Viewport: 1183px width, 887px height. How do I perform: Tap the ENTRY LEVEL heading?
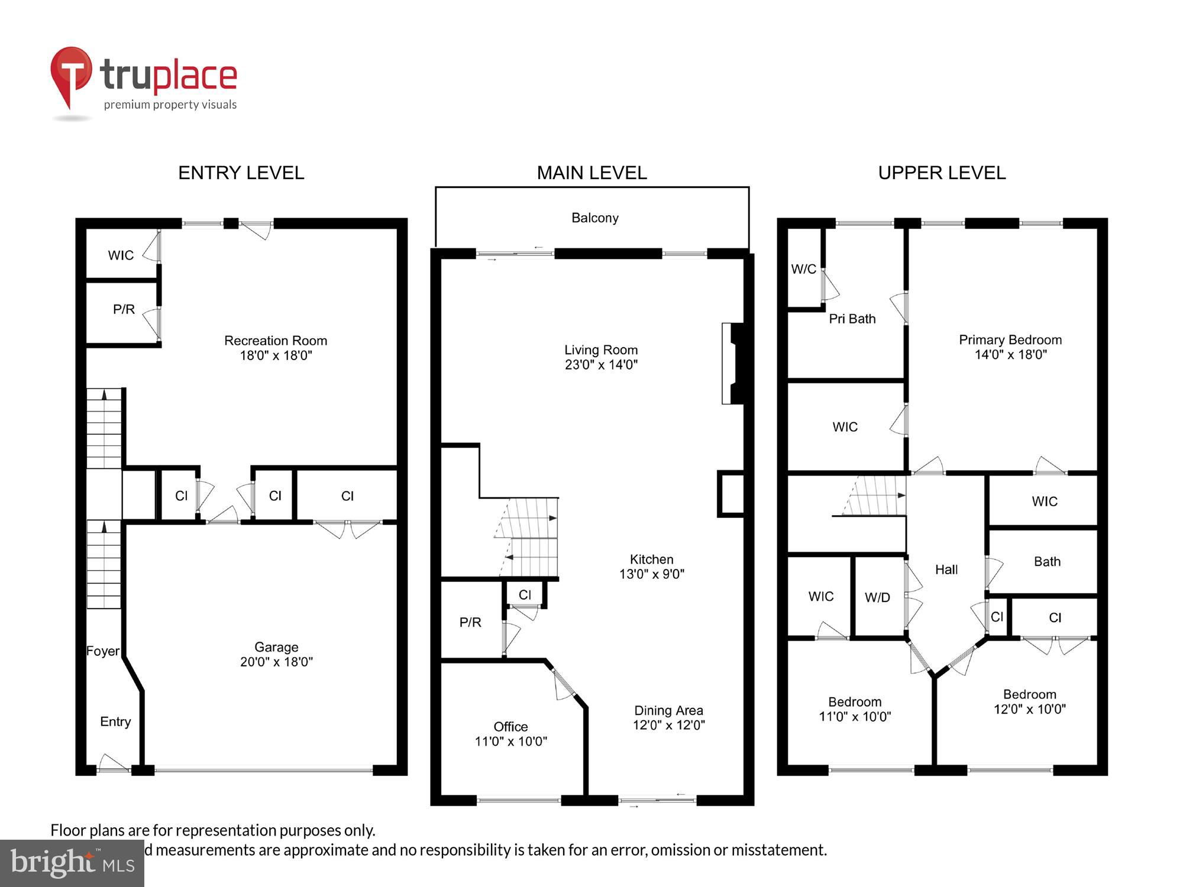(x=241, y=173)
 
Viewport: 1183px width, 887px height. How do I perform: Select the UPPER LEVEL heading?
(x=942, y=173)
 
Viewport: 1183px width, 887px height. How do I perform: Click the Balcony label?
(x=594, y=218)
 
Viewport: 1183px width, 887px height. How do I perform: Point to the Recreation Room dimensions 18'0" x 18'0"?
(x=276, y=355)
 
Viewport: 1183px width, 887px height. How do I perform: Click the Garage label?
(x=276, y=647)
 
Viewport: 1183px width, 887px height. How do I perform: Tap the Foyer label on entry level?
(x=103, y=651)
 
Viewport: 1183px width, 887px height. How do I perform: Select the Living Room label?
(x=600, y=349)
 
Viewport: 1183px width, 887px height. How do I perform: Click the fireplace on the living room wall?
(x=732, y=363)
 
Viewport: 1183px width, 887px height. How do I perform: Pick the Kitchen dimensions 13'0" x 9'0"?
(x=651, y=574)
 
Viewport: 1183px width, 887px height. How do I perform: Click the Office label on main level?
(x=510, y=727)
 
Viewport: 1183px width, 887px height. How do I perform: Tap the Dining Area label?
(x=668, y=710)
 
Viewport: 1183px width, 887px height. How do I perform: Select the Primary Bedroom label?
(x=1010, y=339)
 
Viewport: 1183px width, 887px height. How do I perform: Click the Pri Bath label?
(x=852, y=319)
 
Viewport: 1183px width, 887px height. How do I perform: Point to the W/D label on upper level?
(x=877, y=597)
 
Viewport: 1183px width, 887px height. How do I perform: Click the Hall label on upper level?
(x=946, y=569)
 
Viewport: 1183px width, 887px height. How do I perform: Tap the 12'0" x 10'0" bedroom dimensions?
(x=1029, y=709)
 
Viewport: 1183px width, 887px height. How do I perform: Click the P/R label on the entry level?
(x=124, y=309)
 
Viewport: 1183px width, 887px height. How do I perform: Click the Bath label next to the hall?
(x=1046, y=561)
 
